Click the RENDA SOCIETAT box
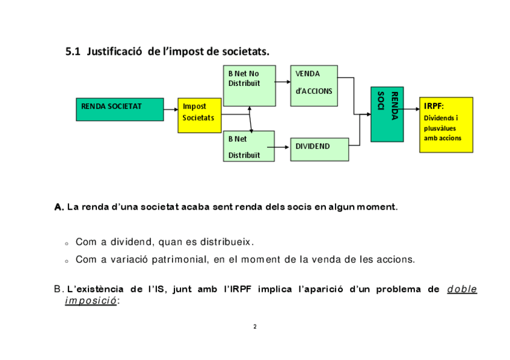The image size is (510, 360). click(x=120, y=109)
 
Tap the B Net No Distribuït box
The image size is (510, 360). click(x=249, y=85)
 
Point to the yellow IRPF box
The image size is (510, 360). click(x=446, y=124)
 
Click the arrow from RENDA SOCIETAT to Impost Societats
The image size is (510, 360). click(x=171, y=109)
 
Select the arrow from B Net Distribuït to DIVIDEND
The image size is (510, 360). click(x=282, y=147)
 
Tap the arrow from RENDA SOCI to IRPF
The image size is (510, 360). click(x=411, y=109)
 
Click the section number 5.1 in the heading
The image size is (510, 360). click(x=73, y=52)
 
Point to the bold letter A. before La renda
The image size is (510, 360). click(x=59, y=207)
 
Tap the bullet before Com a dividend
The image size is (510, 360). click(x=67, y=243)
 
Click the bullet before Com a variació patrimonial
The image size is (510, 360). click(x=67, y=261)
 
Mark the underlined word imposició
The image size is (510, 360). click(x=91, y=301)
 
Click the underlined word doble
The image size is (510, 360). click(x=462, y=289)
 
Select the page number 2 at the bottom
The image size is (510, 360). click(x=255, y=327)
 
